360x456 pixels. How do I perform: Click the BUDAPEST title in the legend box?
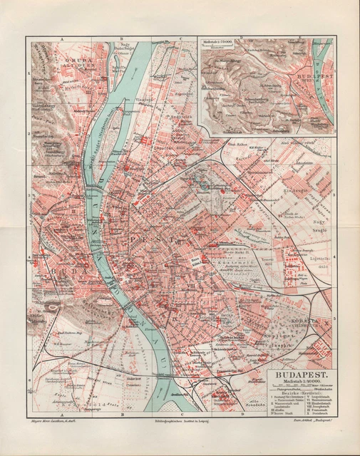coord(298,372)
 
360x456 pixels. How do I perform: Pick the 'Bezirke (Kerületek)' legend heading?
coord(298,394)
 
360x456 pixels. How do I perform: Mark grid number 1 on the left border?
coord(28,73)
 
